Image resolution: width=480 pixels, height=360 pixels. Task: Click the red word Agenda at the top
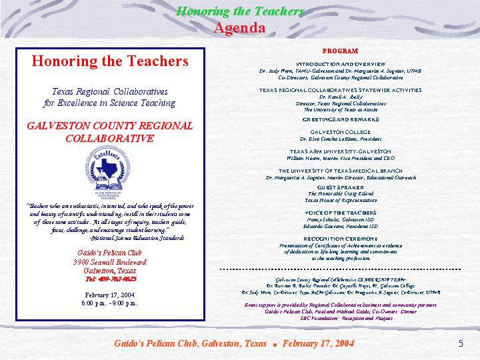[239, 28]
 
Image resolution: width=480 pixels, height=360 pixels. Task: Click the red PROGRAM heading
[340, 51]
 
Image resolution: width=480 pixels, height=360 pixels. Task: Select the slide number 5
[461, 343]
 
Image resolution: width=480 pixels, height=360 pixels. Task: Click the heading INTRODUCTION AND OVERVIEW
[340, 63]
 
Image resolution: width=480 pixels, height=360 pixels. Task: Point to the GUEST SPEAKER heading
[340, 187]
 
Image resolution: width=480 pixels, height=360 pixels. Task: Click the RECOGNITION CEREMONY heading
[340, 238]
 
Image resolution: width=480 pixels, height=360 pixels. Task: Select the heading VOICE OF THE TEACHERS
[340, 213]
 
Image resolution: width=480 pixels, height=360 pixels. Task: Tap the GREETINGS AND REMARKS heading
[340, 119]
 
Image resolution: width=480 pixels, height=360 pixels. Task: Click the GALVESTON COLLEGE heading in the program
[340, 132]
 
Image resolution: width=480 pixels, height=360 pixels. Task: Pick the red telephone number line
[109, 280]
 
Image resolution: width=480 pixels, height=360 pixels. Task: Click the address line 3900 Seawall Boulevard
[109, 263]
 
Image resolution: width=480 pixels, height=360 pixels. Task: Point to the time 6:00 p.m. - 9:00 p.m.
[109, 303]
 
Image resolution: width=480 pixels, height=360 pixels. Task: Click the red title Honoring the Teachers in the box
[109, 61]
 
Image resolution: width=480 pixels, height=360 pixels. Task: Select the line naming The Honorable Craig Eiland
[340, 193]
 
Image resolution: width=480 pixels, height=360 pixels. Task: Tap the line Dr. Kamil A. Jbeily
[340, 97]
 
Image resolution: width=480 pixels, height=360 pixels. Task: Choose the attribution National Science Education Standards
[137, 237]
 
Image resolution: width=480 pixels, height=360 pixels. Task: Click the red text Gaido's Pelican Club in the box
[109, 254]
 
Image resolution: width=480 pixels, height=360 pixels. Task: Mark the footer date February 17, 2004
[318, 343]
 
